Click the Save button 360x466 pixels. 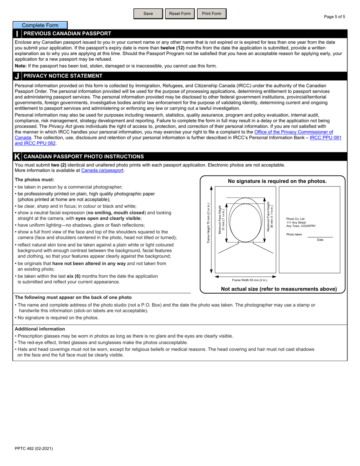[x=148, y=14]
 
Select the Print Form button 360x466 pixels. [x=211, y=14]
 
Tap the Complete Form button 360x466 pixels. [x=40, y=25]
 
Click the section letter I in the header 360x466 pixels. [x=17, y=34]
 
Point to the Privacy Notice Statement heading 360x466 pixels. [x=63, y=76]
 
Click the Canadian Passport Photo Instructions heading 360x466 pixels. [x=83, y=156]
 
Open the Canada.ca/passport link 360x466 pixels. [x=102, y=170]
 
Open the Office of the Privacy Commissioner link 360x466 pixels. [x=293, y=132]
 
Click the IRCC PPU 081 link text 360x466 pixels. [x=325, y=138]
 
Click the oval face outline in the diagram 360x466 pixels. [x=245, y=223]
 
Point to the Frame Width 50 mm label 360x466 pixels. [x=249, y=280]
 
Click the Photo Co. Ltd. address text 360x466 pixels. [x=301, y=222]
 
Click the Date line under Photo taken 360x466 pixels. [x=320, y=237]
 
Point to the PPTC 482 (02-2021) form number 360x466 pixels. [x=34, y=448]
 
